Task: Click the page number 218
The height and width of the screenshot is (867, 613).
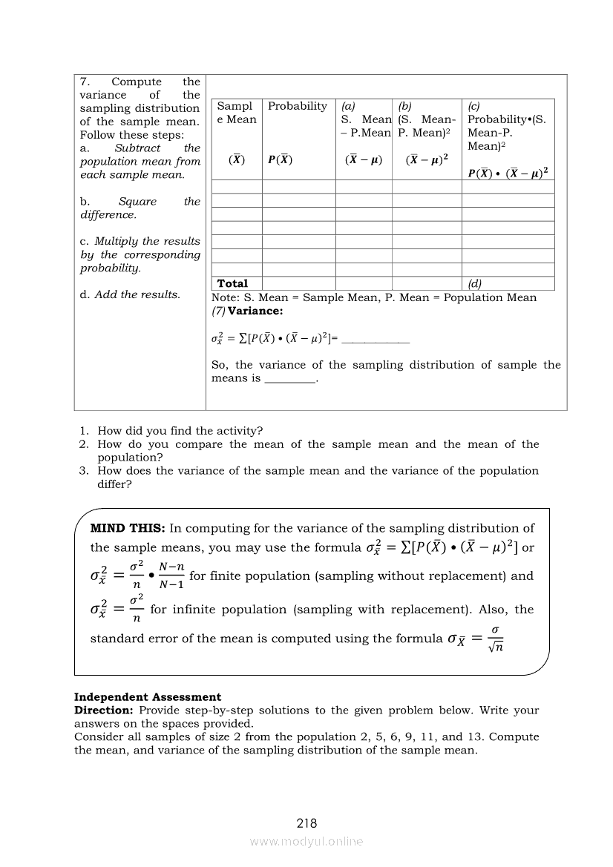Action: click(x=306, y=823)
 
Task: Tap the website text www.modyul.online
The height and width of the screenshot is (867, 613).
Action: click(x=306, y=841)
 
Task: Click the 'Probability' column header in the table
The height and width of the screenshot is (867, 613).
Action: click(x=298, y=106)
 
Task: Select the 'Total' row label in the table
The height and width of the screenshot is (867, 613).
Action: click(x=232, y=283)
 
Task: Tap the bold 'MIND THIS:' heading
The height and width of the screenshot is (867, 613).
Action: click(x=128, y=529)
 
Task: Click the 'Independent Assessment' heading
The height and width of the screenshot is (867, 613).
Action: click(x=148, y=697)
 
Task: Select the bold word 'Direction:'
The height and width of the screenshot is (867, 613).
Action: click(x=104, y=711)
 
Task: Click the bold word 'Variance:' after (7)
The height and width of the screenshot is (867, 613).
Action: click(x=255, y=311)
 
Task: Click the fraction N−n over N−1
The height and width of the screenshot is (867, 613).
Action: click(x=172, y=576)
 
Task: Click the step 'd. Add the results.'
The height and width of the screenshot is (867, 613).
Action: click(x=130, y=294)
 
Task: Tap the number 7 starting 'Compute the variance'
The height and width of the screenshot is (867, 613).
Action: click(x=84, y=82)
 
